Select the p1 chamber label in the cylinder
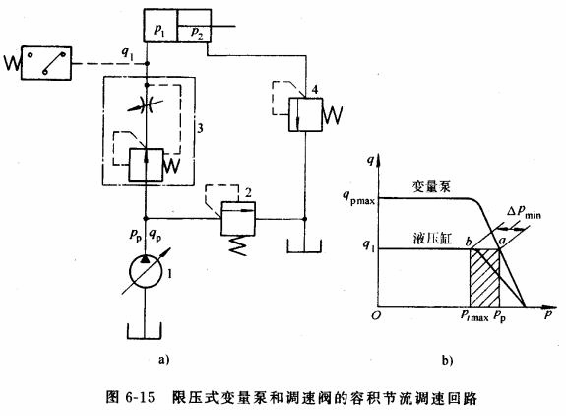tap(160, 33)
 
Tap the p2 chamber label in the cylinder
tap(198, 33)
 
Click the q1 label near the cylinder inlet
tap(128, 53)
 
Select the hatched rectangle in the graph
tap(482, 276)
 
